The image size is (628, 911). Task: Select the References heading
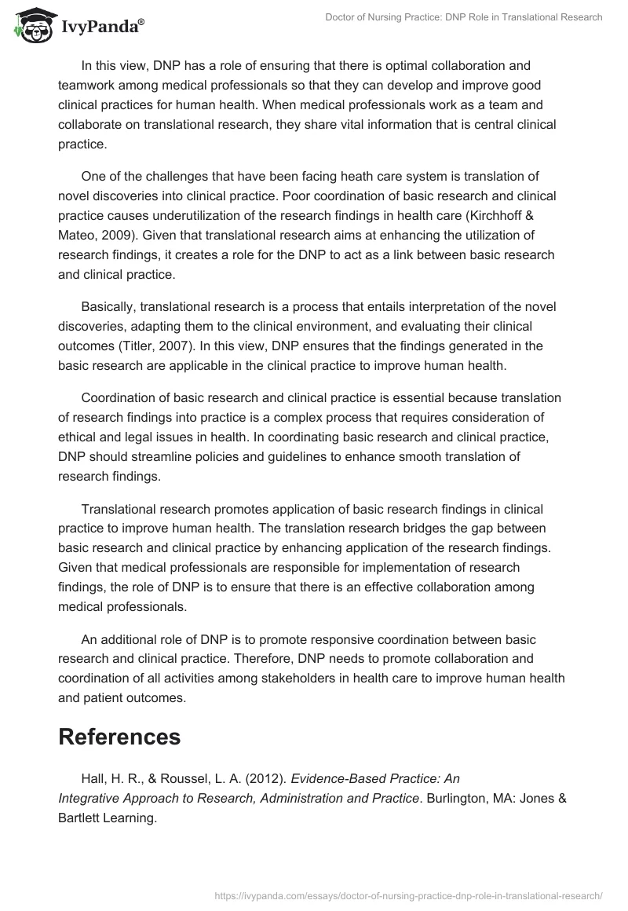[x=120, y=736]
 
